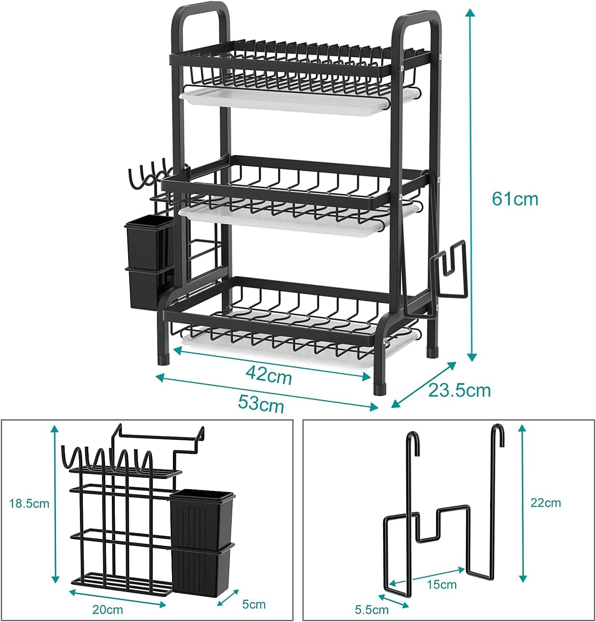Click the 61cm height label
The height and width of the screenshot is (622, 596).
pyautogui.click(x=515, y=199)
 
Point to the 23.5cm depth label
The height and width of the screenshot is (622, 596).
pyautogui.click(x=459, y=390)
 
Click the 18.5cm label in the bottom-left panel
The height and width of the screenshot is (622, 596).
pyautogui.click(x=29, y=503)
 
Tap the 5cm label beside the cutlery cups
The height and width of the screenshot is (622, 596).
pyautogui.click(x=254, y=604)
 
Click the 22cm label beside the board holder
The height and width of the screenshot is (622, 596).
pyautogui.click(x=546, y=503)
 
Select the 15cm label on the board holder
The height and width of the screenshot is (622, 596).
pyautogui.click(x=441, y=584)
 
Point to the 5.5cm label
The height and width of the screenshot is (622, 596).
pyautogui.click(x=371, y=609)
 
